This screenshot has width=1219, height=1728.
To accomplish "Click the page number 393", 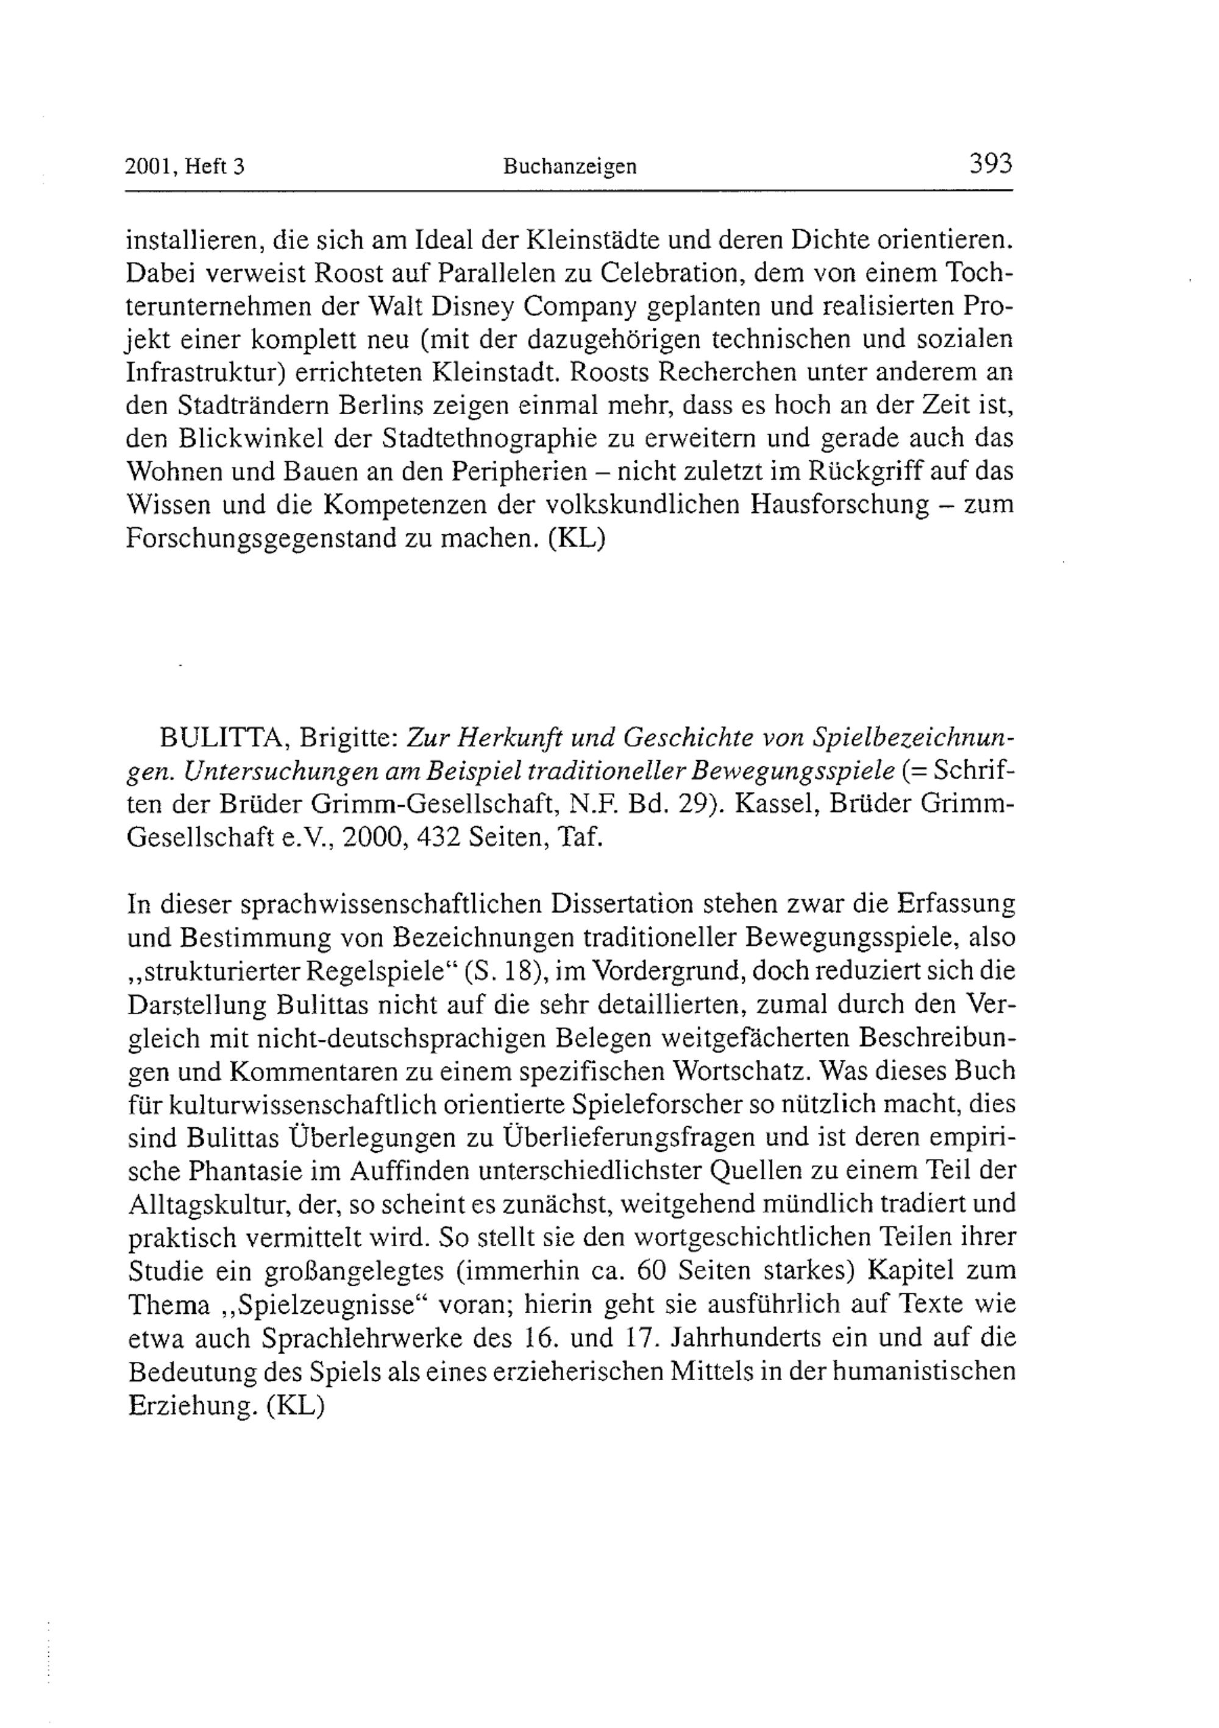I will [x=991, y=163].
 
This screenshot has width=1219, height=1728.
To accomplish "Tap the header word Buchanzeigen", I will [x=569, y=166].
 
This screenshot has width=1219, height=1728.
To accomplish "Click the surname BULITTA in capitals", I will [x=221, y=738].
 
